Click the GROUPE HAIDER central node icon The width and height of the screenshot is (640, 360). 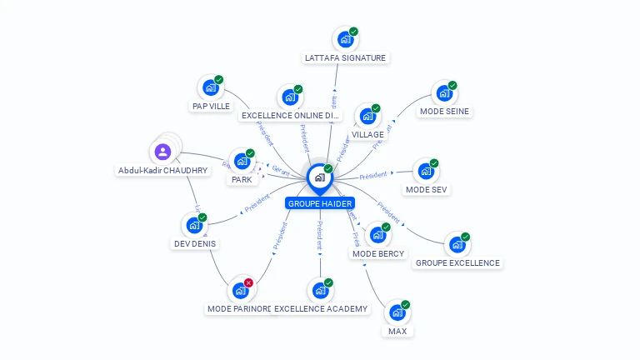[319, 177]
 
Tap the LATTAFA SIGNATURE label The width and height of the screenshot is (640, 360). [345, 58]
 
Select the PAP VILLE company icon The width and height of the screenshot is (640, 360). [210, 87]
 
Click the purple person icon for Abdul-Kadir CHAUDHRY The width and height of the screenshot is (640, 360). [162, 152]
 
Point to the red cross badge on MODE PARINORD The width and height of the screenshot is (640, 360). [248, 282]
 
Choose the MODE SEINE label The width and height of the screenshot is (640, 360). [444, 111]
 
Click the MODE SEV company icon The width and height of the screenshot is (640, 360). [426, 172]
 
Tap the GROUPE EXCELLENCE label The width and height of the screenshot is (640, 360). [457, 262]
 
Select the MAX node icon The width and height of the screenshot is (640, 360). [397, 312]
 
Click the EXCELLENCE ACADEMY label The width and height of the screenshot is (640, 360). [321, 309]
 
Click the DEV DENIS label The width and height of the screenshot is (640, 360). [194, 244]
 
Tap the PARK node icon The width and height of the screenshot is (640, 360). [242, 161]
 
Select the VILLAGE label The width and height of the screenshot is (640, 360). [367, 134]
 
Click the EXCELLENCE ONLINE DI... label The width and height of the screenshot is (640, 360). [290, 115]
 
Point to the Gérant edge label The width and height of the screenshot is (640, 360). [282, 169]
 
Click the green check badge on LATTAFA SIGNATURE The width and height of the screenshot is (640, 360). [353, 32]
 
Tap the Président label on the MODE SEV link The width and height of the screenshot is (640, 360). [373, 176]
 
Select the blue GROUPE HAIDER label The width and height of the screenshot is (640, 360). [320, 203]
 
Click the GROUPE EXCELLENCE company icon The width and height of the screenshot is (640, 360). [457, 244]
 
